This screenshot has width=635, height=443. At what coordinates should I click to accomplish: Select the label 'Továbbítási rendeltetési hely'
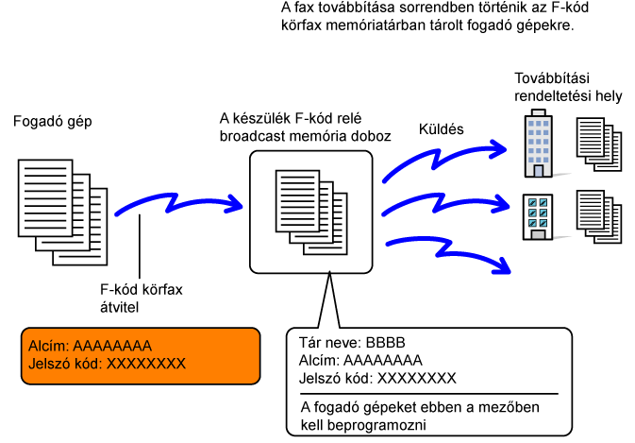[x=568, y=87]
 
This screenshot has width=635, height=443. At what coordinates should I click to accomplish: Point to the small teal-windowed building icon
[x=538, y=216]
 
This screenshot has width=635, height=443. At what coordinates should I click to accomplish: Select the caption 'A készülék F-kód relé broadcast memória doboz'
[x=305, y=128]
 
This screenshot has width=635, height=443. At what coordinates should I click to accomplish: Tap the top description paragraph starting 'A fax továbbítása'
[x=427, y=18]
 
